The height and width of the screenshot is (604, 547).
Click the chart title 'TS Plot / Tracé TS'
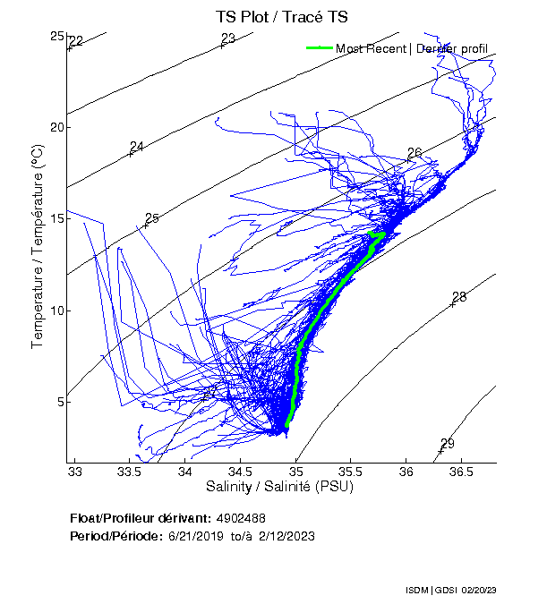[x=281, y=16]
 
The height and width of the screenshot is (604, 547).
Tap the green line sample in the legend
[x=320, y=48]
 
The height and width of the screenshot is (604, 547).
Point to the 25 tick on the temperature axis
[x=58, y=36]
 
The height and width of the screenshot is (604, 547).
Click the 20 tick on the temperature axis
[x=58, y=127]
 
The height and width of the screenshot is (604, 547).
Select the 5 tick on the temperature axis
[x=58, y=402]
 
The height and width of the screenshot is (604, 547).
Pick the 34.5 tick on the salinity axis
[x=241, y=472]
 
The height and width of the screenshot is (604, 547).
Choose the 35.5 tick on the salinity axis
[x=351, y=472]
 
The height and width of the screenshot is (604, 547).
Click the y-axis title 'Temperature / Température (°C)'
[x=38, y=248]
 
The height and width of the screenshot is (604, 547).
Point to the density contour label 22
[x=76, y=41]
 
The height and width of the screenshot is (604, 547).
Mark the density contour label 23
[x=228, y=38]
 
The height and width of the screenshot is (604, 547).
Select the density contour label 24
[x=137, y=147]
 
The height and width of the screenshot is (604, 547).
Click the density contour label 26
[x=415, y=153]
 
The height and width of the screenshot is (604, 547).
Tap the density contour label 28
[x=459, y=297]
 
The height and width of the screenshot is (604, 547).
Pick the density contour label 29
[x=448, y=444]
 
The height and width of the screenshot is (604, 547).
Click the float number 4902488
[x=241, y=518]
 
